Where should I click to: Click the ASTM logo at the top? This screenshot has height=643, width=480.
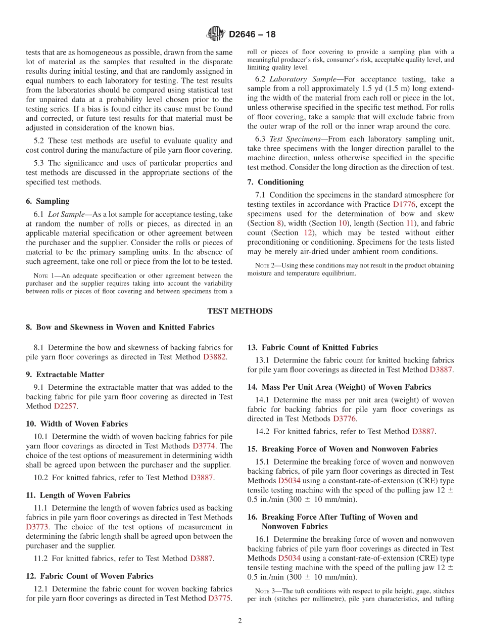click(215, 34)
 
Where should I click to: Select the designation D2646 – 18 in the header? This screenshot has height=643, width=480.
click(252, 35)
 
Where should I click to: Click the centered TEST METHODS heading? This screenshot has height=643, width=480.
click(240, 311)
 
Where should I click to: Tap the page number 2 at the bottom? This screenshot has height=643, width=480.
click(240, 621)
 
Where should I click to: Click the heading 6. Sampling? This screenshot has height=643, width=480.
click(47, 201)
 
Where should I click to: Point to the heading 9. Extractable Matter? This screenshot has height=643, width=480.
click(65, 375)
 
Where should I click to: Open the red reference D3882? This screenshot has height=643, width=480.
click(215, 357)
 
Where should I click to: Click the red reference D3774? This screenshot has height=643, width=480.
click(205, 446)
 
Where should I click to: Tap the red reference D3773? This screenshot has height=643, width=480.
click(37, 527)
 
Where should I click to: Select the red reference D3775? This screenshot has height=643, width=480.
click(219, 599)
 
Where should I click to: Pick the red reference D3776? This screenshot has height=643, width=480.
click(345, 419)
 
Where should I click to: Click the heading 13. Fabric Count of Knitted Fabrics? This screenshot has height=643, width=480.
click(312, 347)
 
